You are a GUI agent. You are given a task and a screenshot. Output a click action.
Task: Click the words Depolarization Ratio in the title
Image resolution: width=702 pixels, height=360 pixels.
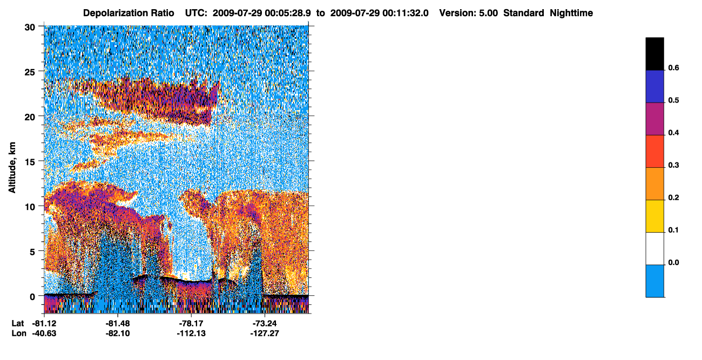click(129, 13)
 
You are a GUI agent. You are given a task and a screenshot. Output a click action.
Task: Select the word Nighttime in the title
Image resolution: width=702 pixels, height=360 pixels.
click(571, 13)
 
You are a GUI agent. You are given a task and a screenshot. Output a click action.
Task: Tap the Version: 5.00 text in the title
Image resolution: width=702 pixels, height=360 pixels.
click(468, 13)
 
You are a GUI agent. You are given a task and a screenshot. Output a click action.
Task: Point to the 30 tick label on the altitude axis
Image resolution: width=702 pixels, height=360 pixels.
click(30, 28)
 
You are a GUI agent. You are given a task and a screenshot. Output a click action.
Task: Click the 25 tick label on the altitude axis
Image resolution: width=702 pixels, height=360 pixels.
click(30, 72)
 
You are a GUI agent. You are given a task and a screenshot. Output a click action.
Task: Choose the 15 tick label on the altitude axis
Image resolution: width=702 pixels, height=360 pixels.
click(30, 162)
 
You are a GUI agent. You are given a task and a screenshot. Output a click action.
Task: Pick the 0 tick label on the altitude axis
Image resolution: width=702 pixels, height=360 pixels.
click(32, 297)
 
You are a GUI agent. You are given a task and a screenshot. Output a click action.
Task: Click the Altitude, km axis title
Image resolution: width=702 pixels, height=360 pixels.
click(12, 168)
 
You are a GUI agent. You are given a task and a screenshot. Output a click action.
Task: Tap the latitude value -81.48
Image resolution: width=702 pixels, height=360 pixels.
click(118, 323)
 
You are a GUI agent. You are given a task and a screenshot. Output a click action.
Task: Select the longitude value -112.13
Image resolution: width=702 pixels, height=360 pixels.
click(191, 333)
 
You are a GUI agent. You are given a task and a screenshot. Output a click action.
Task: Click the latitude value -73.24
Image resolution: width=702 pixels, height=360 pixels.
click(265, 323)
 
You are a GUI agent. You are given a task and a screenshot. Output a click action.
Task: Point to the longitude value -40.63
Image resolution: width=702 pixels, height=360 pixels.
click(44, 333)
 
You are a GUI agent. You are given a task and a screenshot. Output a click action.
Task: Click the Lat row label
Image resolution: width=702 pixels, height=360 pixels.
click(18, 323)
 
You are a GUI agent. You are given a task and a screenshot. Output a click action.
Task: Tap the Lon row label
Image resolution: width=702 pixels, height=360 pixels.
click(19, 333)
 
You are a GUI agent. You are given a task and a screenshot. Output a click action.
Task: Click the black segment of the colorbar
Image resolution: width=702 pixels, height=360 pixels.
click(654, 54)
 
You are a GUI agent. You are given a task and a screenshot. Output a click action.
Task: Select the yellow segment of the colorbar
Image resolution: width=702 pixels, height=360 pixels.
click(654, 216)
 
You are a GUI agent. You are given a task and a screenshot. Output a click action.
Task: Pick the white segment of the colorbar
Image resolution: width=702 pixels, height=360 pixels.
click(654, 249)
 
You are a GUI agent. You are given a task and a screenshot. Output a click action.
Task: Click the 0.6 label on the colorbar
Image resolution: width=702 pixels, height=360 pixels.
click(673, 67)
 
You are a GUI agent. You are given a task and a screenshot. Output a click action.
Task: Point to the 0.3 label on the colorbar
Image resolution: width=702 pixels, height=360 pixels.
click(673, 165)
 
